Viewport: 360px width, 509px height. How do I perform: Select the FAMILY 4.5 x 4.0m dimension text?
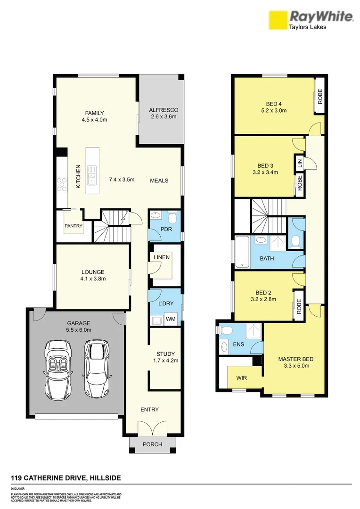pos(94,120)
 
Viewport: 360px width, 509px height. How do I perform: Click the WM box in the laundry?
pos(171,320)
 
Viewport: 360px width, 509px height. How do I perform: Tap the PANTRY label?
pos(74,226)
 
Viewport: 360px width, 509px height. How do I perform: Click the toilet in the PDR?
pos(172,218)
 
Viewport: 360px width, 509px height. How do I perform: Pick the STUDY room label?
pos(165,354)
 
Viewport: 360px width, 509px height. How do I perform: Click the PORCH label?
pos(152,444)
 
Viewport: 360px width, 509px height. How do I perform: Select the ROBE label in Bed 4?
pos(319,97)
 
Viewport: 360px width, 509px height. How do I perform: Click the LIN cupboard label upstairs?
pos(299,163)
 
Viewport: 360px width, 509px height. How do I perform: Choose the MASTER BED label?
pos(295,359)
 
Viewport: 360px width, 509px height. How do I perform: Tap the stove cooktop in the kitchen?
pos(62,184)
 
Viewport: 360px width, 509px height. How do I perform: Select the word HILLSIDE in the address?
pos(105,478)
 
